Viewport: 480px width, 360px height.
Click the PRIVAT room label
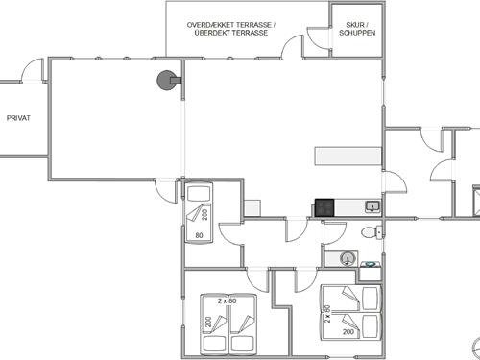click(18, 118)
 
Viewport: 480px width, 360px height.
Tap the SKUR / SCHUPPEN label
click(357, 29)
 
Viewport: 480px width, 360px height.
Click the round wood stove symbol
click(167, 81)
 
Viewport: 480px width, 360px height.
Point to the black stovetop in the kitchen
click(324, 207)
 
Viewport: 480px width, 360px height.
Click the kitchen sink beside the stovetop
click(372, 206)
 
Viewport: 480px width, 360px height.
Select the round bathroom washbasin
click(348, 258)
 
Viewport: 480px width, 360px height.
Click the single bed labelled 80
click(199, 212)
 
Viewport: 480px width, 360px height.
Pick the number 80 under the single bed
click(199, 235)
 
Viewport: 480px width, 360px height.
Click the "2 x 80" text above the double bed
click(228, 301)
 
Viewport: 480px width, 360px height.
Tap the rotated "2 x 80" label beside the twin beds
click(327, 314)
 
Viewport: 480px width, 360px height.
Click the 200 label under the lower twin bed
click(348, 332)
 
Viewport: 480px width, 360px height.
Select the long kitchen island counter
click(348, 156)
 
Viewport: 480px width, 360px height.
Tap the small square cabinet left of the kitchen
click(252, 208)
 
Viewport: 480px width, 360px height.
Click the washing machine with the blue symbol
click(371, 271)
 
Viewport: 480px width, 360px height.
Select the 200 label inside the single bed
click(204, 214)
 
